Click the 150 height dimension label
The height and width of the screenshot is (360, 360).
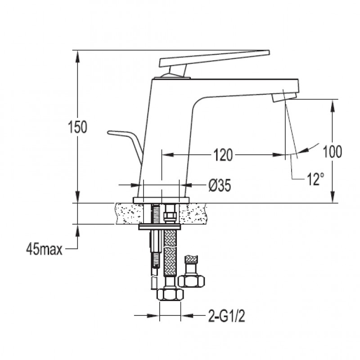pos(77,127)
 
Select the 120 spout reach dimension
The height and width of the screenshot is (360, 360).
pos(223,155)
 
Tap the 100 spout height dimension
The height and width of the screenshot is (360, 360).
pos(332,152)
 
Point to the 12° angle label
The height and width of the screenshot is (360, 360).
pos(315,179)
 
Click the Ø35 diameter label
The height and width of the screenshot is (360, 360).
pos(220,185)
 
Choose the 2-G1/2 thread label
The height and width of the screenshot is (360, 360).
pos(227,316)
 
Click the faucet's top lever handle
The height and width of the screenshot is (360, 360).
pos(214,58)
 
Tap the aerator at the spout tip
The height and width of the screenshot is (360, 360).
pos(284,97)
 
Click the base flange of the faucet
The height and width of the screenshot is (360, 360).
pos(161,200)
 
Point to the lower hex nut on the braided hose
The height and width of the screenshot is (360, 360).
pos(171,295)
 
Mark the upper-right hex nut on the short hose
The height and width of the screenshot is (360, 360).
pos(191,281)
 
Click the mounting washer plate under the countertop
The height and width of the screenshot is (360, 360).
pos(160,227)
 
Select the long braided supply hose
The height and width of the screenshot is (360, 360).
pos(170,252)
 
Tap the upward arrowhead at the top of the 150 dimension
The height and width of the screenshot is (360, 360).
pos(77,56)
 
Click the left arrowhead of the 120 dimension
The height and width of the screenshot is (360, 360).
pos(167,155)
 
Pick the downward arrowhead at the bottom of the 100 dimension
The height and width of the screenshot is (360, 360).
pos(332,197)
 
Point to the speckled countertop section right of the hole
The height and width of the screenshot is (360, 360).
pos(193,214)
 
